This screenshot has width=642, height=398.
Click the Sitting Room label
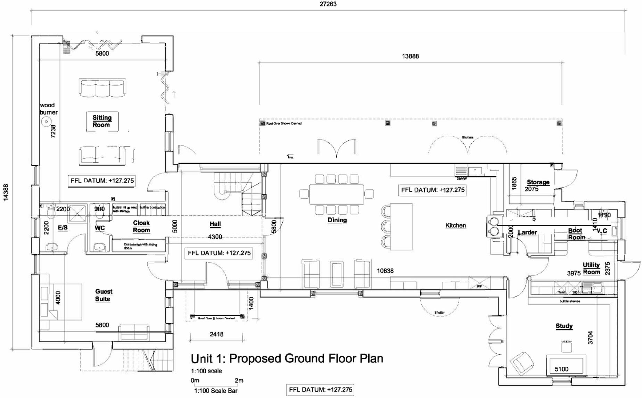point(102,121)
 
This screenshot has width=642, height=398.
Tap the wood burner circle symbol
point(46,122)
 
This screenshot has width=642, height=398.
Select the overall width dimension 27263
point(328,4)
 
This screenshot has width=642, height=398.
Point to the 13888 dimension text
point(410,56)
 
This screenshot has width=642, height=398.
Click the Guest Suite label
point(103,295)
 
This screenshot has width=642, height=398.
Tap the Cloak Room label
point(141,226)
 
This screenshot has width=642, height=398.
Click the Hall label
point(215,224)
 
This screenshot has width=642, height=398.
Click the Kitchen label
point(455,225)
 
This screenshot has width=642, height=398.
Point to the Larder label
point(527,232)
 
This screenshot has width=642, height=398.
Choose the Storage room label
point(538,182)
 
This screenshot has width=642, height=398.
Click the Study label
point(564,326)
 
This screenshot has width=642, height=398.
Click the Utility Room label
point(591,268)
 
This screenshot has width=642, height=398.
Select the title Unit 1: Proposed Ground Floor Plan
point(287,358)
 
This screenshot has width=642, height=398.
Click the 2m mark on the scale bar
point(239,381)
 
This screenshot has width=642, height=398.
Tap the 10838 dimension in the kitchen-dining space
point(385,271)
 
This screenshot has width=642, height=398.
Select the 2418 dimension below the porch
point(216,334)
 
